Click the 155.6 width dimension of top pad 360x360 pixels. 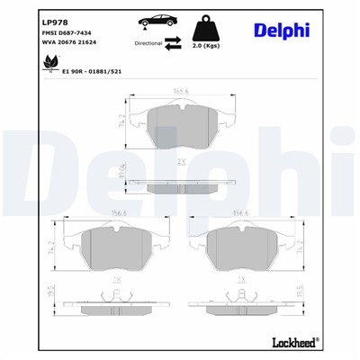[x=184, y=88]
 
